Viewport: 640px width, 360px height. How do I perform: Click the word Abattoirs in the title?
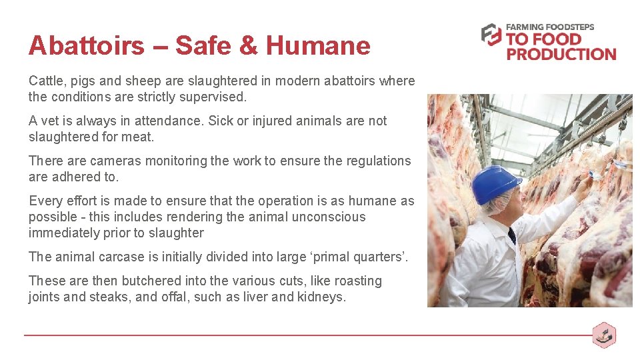pos(86,46)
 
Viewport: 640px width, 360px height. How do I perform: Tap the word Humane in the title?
pos(318,46)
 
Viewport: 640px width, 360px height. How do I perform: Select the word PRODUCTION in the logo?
pos(561,54)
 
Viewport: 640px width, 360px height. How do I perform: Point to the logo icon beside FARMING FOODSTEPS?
pos(491,35)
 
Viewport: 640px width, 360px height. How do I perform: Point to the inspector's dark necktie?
pos(511,235)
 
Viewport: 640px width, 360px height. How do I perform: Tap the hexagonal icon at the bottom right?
pos(604,335)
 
